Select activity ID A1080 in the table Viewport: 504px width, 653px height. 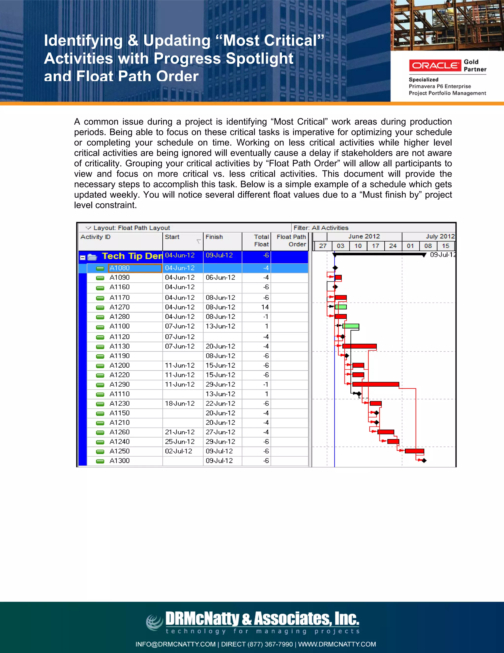tap(119, 268)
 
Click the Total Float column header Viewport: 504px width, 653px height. tap(261, 241)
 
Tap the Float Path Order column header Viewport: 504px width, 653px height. tap(291, 241)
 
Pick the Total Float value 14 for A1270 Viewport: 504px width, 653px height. tap(265, 307)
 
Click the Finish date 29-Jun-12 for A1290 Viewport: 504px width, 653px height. tap(220, 384)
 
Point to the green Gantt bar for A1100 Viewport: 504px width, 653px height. tap(350, 326)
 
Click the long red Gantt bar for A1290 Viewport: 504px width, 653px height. tap(376, 384)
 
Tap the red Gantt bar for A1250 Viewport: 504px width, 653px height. tap(414, 451)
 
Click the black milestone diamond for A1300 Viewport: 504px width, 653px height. tap(424, 461)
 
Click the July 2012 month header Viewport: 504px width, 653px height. tap(440, 236)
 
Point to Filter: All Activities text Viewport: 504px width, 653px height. tap(321, 228)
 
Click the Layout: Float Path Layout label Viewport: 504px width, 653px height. tap(131, 228)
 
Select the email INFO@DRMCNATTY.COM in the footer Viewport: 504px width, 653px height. tap(175, 644)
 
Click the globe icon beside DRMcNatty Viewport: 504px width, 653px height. tap(154, 622)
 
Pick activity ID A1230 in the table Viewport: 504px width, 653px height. tap(119, 404)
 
